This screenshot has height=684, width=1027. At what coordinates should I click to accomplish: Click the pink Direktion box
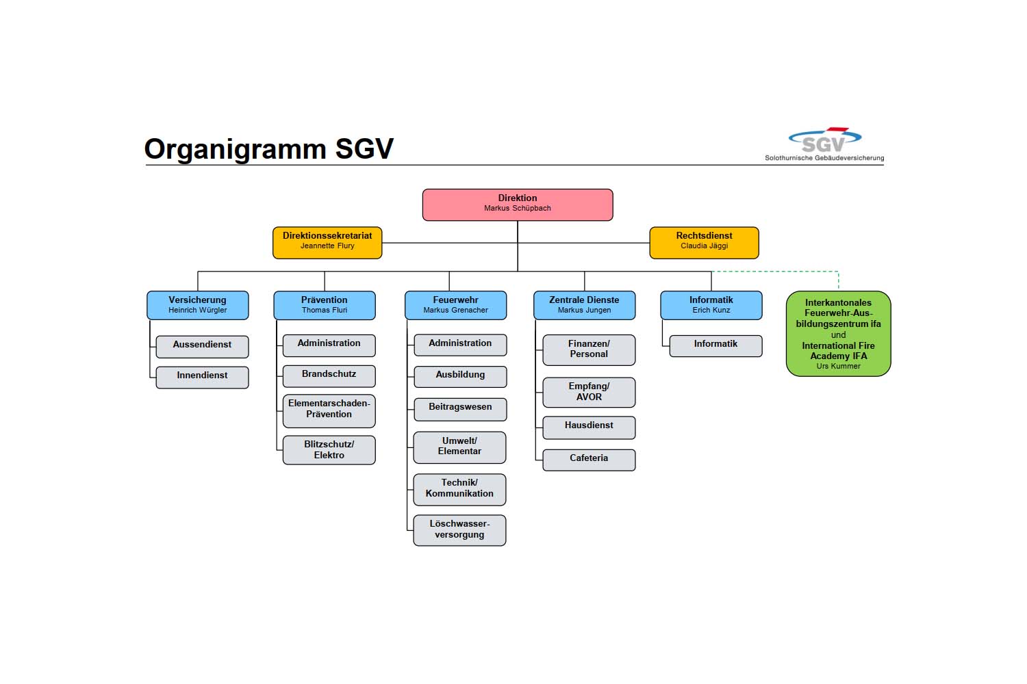click(518, 205)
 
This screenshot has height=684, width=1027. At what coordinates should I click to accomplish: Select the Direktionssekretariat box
click(327, 243)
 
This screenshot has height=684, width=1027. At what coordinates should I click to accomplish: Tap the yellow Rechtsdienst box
click(704, 243)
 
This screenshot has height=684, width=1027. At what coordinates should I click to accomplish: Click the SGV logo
click(824, 144)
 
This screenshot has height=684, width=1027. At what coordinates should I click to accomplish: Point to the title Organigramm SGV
click(268, 149)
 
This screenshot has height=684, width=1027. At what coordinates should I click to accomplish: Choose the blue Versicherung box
click(197, 305)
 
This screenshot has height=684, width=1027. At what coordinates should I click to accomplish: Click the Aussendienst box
click(202, 346)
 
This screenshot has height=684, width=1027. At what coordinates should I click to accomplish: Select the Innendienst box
click(202, 377)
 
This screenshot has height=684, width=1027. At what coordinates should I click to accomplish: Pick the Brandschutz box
click(329, 376)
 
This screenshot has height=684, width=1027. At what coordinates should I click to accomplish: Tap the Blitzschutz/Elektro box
click(329, 450)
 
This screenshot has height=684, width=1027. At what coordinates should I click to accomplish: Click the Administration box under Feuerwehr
click(460, 345)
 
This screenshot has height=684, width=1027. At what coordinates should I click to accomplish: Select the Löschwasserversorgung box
click(459, 530)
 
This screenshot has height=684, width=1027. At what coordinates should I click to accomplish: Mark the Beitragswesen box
click(460, 408)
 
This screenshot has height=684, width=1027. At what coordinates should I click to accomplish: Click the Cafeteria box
click(589, 460)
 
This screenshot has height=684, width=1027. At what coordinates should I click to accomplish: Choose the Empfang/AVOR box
click(589, 393)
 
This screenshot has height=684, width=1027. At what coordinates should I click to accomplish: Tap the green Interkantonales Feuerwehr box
click(838, 334)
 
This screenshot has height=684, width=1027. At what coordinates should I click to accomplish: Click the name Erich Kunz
click(711, 311)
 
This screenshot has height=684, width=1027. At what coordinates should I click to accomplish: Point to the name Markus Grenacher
click(455, 311)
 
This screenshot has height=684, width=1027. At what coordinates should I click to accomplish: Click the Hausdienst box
click(589, 427)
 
